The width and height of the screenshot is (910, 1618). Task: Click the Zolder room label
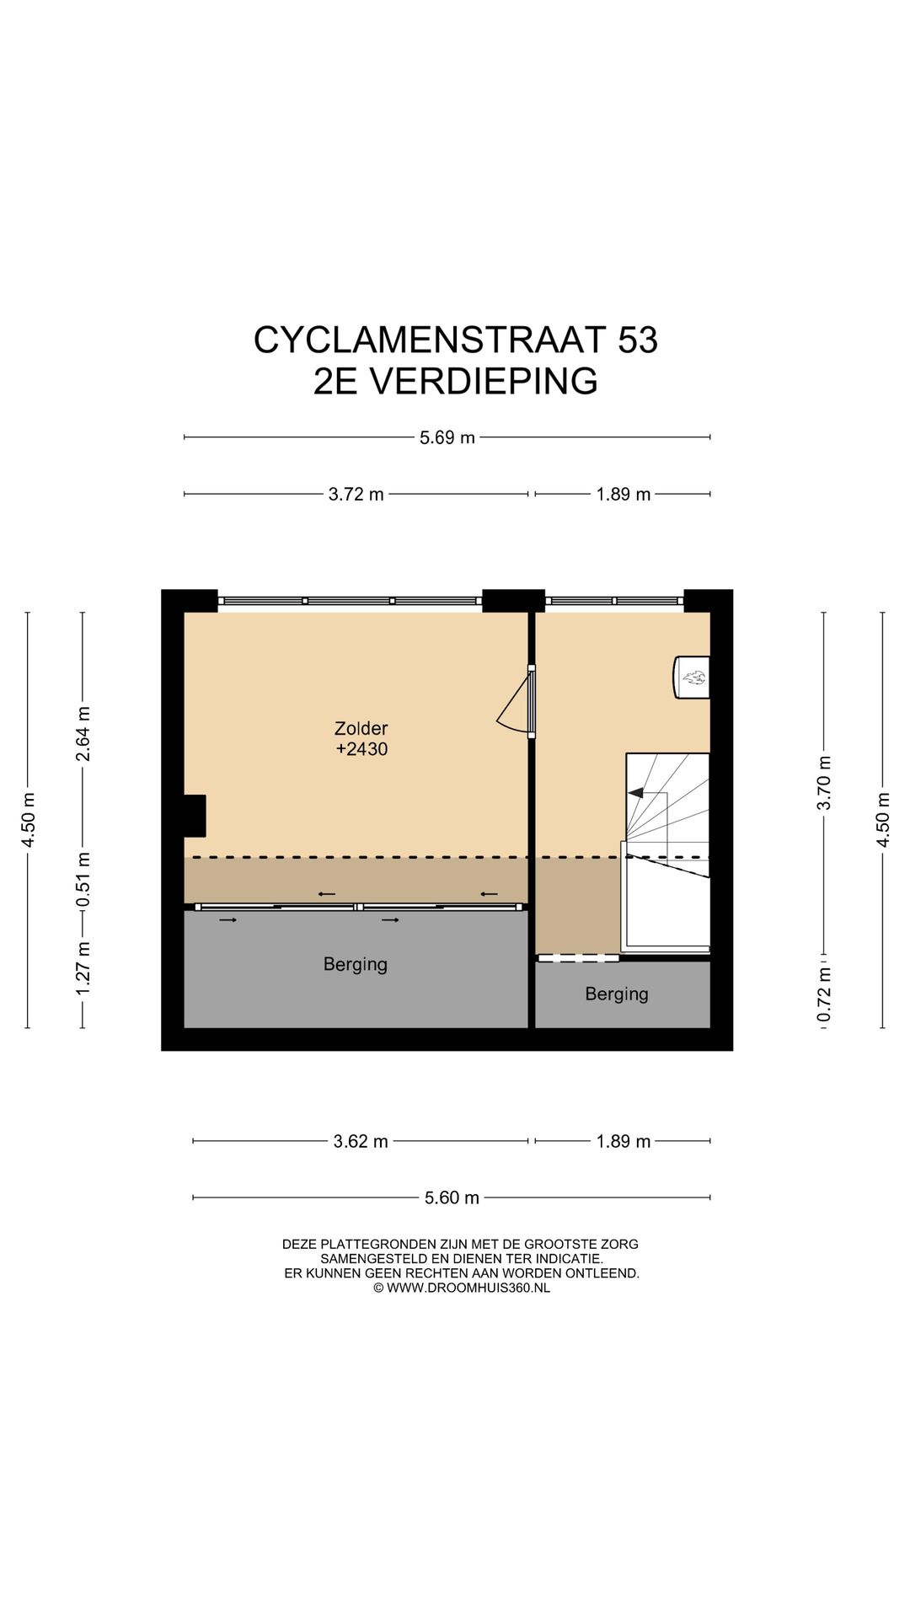point(361,728)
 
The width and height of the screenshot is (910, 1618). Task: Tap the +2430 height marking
point(361,749)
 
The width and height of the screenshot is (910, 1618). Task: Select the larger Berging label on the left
point(355,964)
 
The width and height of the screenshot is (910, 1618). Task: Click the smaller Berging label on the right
point(617,994)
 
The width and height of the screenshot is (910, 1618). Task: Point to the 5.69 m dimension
point(447,437)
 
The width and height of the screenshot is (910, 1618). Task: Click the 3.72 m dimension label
point(356,495)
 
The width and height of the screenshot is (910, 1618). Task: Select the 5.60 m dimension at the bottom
point(452,1197)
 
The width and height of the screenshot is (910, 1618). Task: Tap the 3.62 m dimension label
point(361,1141)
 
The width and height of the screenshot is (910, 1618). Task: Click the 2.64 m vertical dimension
point(83,733)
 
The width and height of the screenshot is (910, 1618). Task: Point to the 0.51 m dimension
point(83,880)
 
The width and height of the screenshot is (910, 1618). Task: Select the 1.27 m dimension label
point(83,967)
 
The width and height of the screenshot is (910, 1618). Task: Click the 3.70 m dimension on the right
point(824,783)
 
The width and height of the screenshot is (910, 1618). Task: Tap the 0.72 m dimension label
point(824,994)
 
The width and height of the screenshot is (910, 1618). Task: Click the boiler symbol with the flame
point(693,677)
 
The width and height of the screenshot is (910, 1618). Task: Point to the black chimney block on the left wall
point(195,815)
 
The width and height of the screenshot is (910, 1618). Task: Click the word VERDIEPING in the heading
point(484,381)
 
